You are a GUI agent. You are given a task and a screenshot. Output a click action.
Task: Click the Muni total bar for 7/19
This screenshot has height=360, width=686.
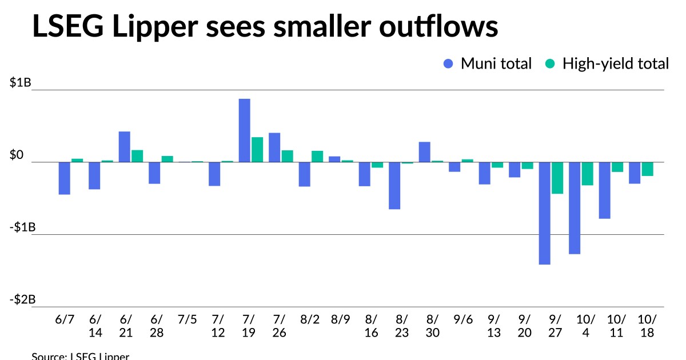244,130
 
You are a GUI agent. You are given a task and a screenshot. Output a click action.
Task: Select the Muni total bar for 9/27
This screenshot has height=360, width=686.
544,213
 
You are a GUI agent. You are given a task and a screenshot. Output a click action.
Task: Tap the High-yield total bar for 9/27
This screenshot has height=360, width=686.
557,178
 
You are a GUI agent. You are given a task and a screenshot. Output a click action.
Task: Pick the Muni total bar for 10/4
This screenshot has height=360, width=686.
575,208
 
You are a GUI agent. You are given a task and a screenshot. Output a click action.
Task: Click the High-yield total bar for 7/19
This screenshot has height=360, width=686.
257,150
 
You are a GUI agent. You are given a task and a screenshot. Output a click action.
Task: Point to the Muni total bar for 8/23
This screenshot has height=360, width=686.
394,186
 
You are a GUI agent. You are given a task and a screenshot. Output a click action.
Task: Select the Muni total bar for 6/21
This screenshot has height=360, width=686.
124,147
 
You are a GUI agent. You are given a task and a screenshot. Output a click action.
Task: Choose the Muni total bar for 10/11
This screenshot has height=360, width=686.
605,190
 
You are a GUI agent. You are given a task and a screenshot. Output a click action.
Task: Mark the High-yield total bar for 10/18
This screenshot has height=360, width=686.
648,169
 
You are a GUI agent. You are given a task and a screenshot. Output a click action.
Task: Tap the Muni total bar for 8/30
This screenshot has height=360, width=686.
424,152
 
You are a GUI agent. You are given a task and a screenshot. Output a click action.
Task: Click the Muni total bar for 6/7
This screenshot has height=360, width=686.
64,178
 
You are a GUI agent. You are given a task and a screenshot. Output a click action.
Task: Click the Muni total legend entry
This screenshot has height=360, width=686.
488,63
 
